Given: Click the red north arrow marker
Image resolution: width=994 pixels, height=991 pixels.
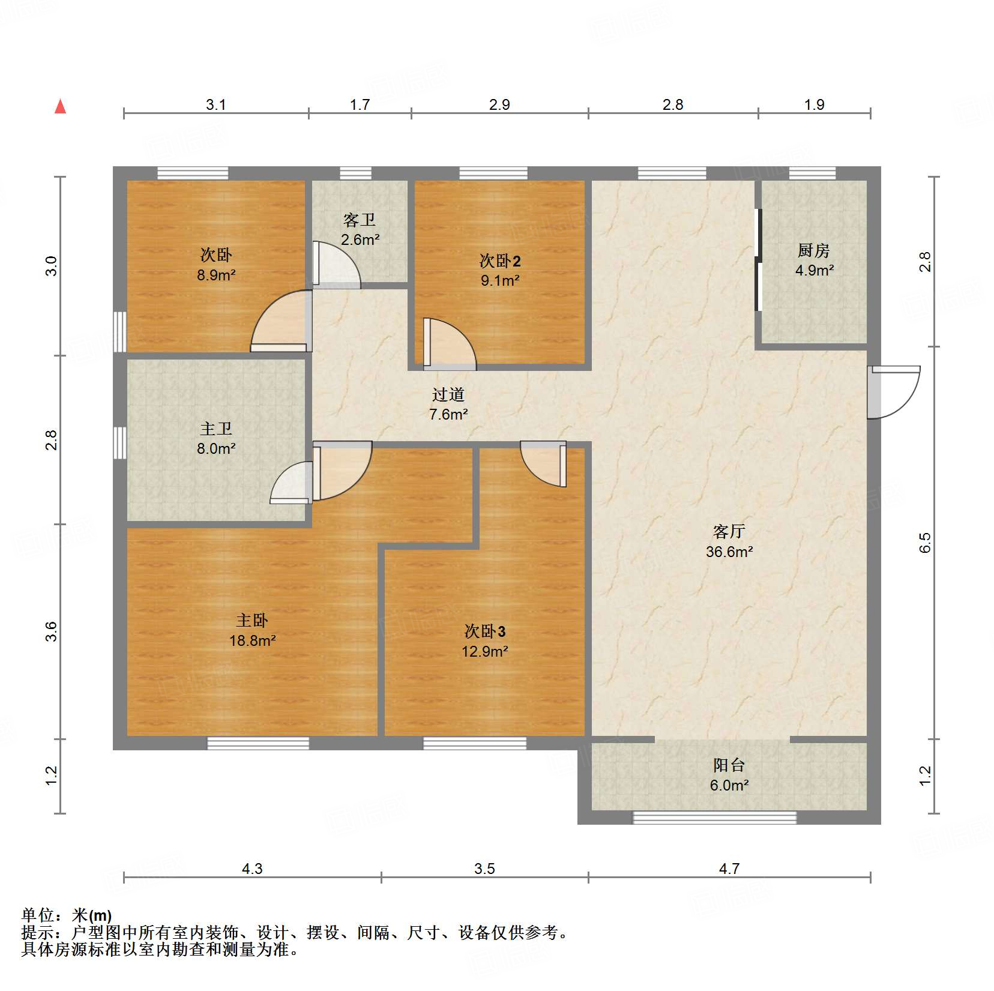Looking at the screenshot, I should coord(60,106).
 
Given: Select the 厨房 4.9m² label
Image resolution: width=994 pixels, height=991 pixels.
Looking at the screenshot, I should coord(814,260).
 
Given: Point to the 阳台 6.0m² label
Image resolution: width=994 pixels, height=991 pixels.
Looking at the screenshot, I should coord(729,775).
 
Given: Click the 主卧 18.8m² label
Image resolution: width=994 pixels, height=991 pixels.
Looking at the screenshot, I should coord(252,630).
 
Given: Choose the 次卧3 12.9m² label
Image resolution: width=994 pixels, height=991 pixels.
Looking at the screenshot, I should coord(485,641).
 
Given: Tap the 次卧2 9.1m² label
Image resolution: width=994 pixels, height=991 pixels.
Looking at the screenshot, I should coord(500,270).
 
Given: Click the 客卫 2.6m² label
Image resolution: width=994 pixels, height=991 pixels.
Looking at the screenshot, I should coord(360,229).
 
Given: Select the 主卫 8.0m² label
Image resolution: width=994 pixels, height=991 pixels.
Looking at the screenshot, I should coord(216,438).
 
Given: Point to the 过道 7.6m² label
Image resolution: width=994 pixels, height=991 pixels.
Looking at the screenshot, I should coord(448,404).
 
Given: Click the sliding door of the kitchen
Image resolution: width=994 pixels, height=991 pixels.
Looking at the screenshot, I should coord(758,259).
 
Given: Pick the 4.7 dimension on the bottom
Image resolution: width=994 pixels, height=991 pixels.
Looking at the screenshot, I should coord(729,869).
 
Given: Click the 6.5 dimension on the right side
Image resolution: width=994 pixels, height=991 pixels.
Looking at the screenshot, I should coord(925,543).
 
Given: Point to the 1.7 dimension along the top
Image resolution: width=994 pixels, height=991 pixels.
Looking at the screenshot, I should coord(360,104).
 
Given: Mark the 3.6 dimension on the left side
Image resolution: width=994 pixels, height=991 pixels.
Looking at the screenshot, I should coord(52,631).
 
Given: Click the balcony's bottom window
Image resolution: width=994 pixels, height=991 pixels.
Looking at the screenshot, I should coord(714,817).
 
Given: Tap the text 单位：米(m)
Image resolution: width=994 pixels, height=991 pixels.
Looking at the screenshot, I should coord(67,915).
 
